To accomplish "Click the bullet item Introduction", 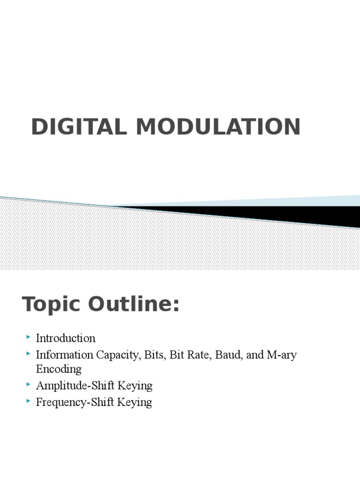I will point(66,338).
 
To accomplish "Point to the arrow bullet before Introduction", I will point(29,337).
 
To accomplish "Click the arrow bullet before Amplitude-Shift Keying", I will point(29,385).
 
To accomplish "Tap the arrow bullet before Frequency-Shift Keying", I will point(29,401).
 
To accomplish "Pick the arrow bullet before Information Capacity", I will point(29,354).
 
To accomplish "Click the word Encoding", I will point(59,369).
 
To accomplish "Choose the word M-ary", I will point(281,355).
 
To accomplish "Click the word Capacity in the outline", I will point(117,355).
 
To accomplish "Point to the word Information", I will point(65,355).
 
